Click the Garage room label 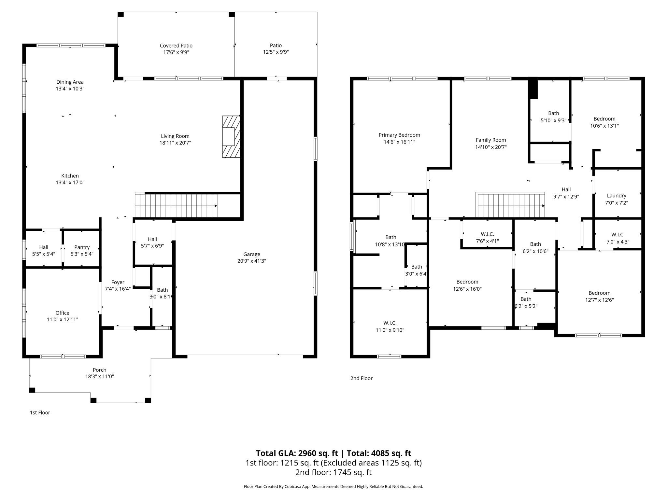(x=251, y=254)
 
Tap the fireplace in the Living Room (x=231, y=137)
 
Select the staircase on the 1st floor (x=176, y=205)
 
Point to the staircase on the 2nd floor (x=510, y=205)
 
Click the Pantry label (x=82, y=247)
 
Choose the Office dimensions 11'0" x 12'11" (x=62, y=319)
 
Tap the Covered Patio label (x=176, y=46)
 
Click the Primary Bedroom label (x=399, y=135)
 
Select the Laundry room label (x=617, y=196)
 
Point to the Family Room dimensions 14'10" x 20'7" (x=491, y=147)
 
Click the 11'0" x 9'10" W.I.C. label (x=390, y=323)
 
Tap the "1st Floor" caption (x=40, y=412)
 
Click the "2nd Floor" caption (x=362, y=378)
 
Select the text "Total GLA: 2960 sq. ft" (x=297, y=453)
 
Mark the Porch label (x=99, y=370)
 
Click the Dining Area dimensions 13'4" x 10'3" (x=70, y=89)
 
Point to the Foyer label (x=118, y=283)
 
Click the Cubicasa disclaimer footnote (x=333, y=487)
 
